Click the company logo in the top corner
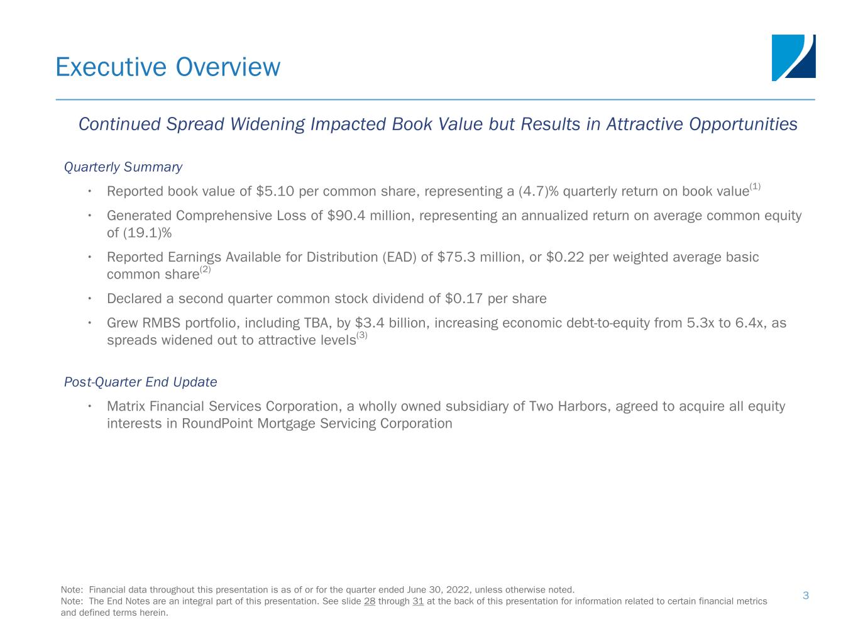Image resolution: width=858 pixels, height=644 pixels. [x=793, y=57]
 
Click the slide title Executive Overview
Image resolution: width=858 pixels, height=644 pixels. [x=168, y=67]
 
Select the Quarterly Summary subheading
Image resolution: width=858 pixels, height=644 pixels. [x=123, y=167]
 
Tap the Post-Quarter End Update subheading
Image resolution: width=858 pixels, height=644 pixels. [x=140, y=382]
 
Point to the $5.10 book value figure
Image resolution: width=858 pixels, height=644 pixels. [x=275, y=191]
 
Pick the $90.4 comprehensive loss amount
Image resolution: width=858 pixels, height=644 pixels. [x=346, y=216]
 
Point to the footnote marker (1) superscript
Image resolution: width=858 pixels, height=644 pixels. [x=755, y=186]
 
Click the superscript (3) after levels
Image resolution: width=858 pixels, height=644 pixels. [x=362, y=335]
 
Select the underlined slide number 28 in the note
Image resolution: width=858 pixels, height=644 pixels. [x=370, y=601]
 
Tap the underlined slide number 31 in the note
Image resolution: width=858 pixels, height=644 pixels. [x=418, y=601]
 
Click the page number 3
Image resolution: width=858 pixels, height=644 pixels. [x=806, y=596]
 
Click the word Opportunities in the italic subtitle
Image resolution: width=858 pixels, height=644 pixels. [x=743, y=125]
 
